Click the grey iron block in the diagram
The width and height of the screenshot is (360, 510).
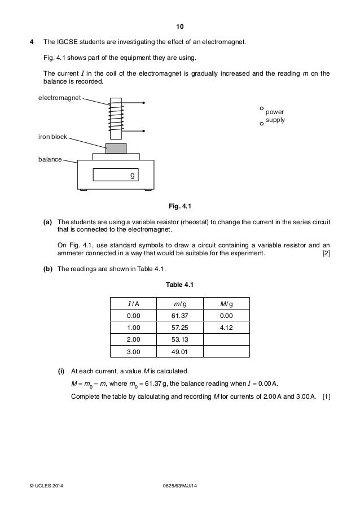(116, 148)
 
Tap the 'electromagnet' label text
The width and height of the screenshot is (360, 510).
(59, 98)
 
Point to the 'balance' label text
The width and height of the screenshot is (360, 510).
(49, 160)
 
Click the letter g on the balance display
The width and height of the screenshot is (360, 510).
(133, 176)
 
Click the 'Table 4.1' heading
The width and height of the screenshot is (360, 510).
(180, 285)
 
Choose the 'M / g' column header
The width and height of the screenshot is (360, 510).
(226, 304)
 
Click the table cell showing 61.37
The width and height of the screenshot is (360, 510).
(180, 316)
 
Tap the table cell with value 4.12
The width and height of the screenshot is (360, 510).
(226, 328)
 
